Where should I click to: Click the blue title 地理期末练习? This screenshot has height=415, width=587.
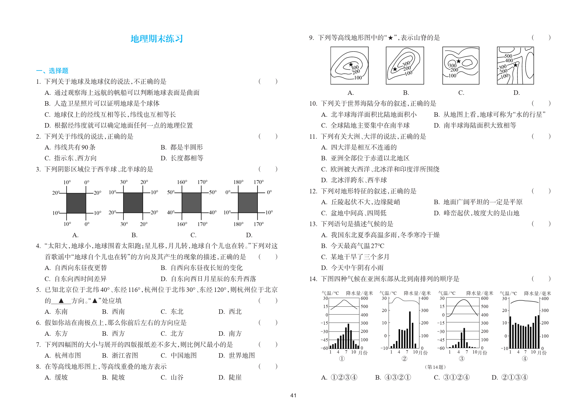(157, 39)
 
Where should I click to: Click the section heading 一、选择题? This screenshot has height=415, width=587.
(52, 71)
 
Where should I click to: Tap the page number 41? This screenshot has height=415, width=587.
(293, 395)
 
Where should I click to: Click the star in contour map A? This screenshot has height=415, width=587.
(351, 64)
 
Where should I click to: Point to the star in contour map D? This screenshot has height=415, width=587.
(515, 65)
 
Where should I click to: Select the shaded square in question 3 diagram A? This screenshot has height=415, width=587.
(76, 203)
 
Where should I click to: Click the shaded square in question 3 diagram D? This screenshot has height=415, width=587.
(248, 203)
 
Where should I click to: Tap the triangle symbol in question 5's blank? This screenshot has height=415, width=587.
(61, 301)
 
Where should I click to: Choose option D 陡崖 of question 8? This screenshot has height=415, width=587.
(230, 377)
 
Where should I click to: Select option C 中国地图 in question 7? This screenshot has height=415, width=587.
(179, 356)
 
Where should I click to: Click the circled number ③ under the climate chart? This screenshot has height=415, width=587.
(461, 358)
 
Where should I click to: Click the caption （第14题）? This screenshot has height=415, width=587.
(435, 367)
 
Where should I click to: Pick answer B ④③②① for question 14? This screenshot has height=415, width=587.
(393, 377)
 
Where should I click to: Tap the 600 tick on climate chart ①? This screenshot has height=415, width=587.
(364, 298)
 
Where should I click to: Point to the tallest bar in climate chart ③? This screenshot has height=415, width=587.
(464, 338)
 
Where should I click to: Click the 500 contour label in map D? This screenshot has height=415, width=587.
(508, 56)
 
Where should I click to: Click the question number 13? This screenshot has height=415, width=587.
(313, 224)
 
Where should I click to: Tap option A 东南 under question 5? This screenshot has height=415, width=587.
(56, 312)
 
